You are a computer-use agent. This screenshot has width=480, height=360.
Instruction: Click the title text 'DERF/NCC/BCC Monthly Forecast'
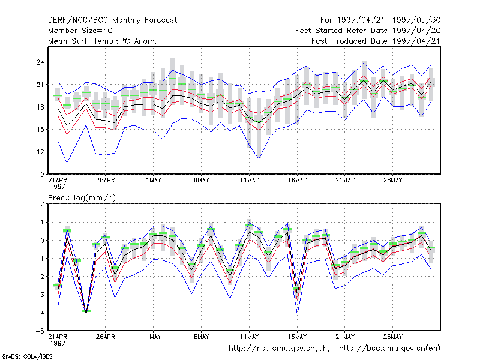coord(112,20)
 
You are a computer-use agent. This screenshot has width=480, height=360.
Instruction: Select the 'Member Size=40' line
coord(80,31)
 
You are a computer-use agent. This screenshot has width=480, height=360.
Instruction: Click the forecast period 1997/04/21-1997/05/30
coord(380,20)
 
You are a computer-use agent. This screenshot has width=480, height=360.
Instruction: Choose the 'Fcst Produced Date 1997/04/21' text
coord(376,41)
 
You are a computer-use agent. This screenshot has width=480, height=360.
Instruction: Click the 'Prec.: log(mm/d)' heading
coord(82,198)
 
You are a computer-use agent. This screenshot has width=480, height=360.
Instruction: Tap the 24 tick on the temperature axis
coord(40,62)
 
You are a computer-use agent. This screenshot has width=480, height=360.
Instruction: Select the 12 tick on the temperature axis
coord(40,152)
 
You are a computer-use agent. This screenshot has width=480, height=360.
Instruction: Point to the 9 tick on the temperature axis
coord(42,175)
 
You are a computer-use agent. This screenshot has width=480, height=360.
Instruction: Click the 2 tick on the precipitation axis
coord(42,204)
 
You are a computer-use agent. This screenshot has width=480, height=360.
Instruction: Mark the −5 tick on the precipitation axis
coord(40,331)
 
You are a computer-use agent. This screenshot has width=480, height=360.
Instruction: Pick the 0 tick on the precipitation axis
coord(42,241)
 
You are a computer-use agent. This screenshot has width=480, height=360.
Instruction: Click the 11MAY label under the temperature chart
coord(249,181)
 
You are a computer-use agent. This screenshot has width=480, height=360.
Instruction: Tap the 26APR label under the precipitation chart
coord(106,337)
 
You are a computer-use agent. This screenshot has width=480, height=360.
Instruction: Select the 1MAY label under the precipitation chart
coord(154,337)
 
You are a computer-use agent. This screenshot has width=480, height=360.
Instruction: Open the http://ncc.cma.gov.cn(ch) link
coord(279,349)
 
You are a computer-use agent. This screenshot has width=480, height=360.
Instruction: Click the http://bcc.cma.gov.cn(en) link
coord(389,349)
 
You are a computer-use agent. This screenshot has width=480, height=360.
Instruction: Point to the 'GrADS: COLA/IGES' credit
coord(27,356)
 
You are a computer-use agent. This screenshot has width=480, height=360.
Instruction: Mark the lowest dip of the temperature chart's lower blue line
coord(259,158)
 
